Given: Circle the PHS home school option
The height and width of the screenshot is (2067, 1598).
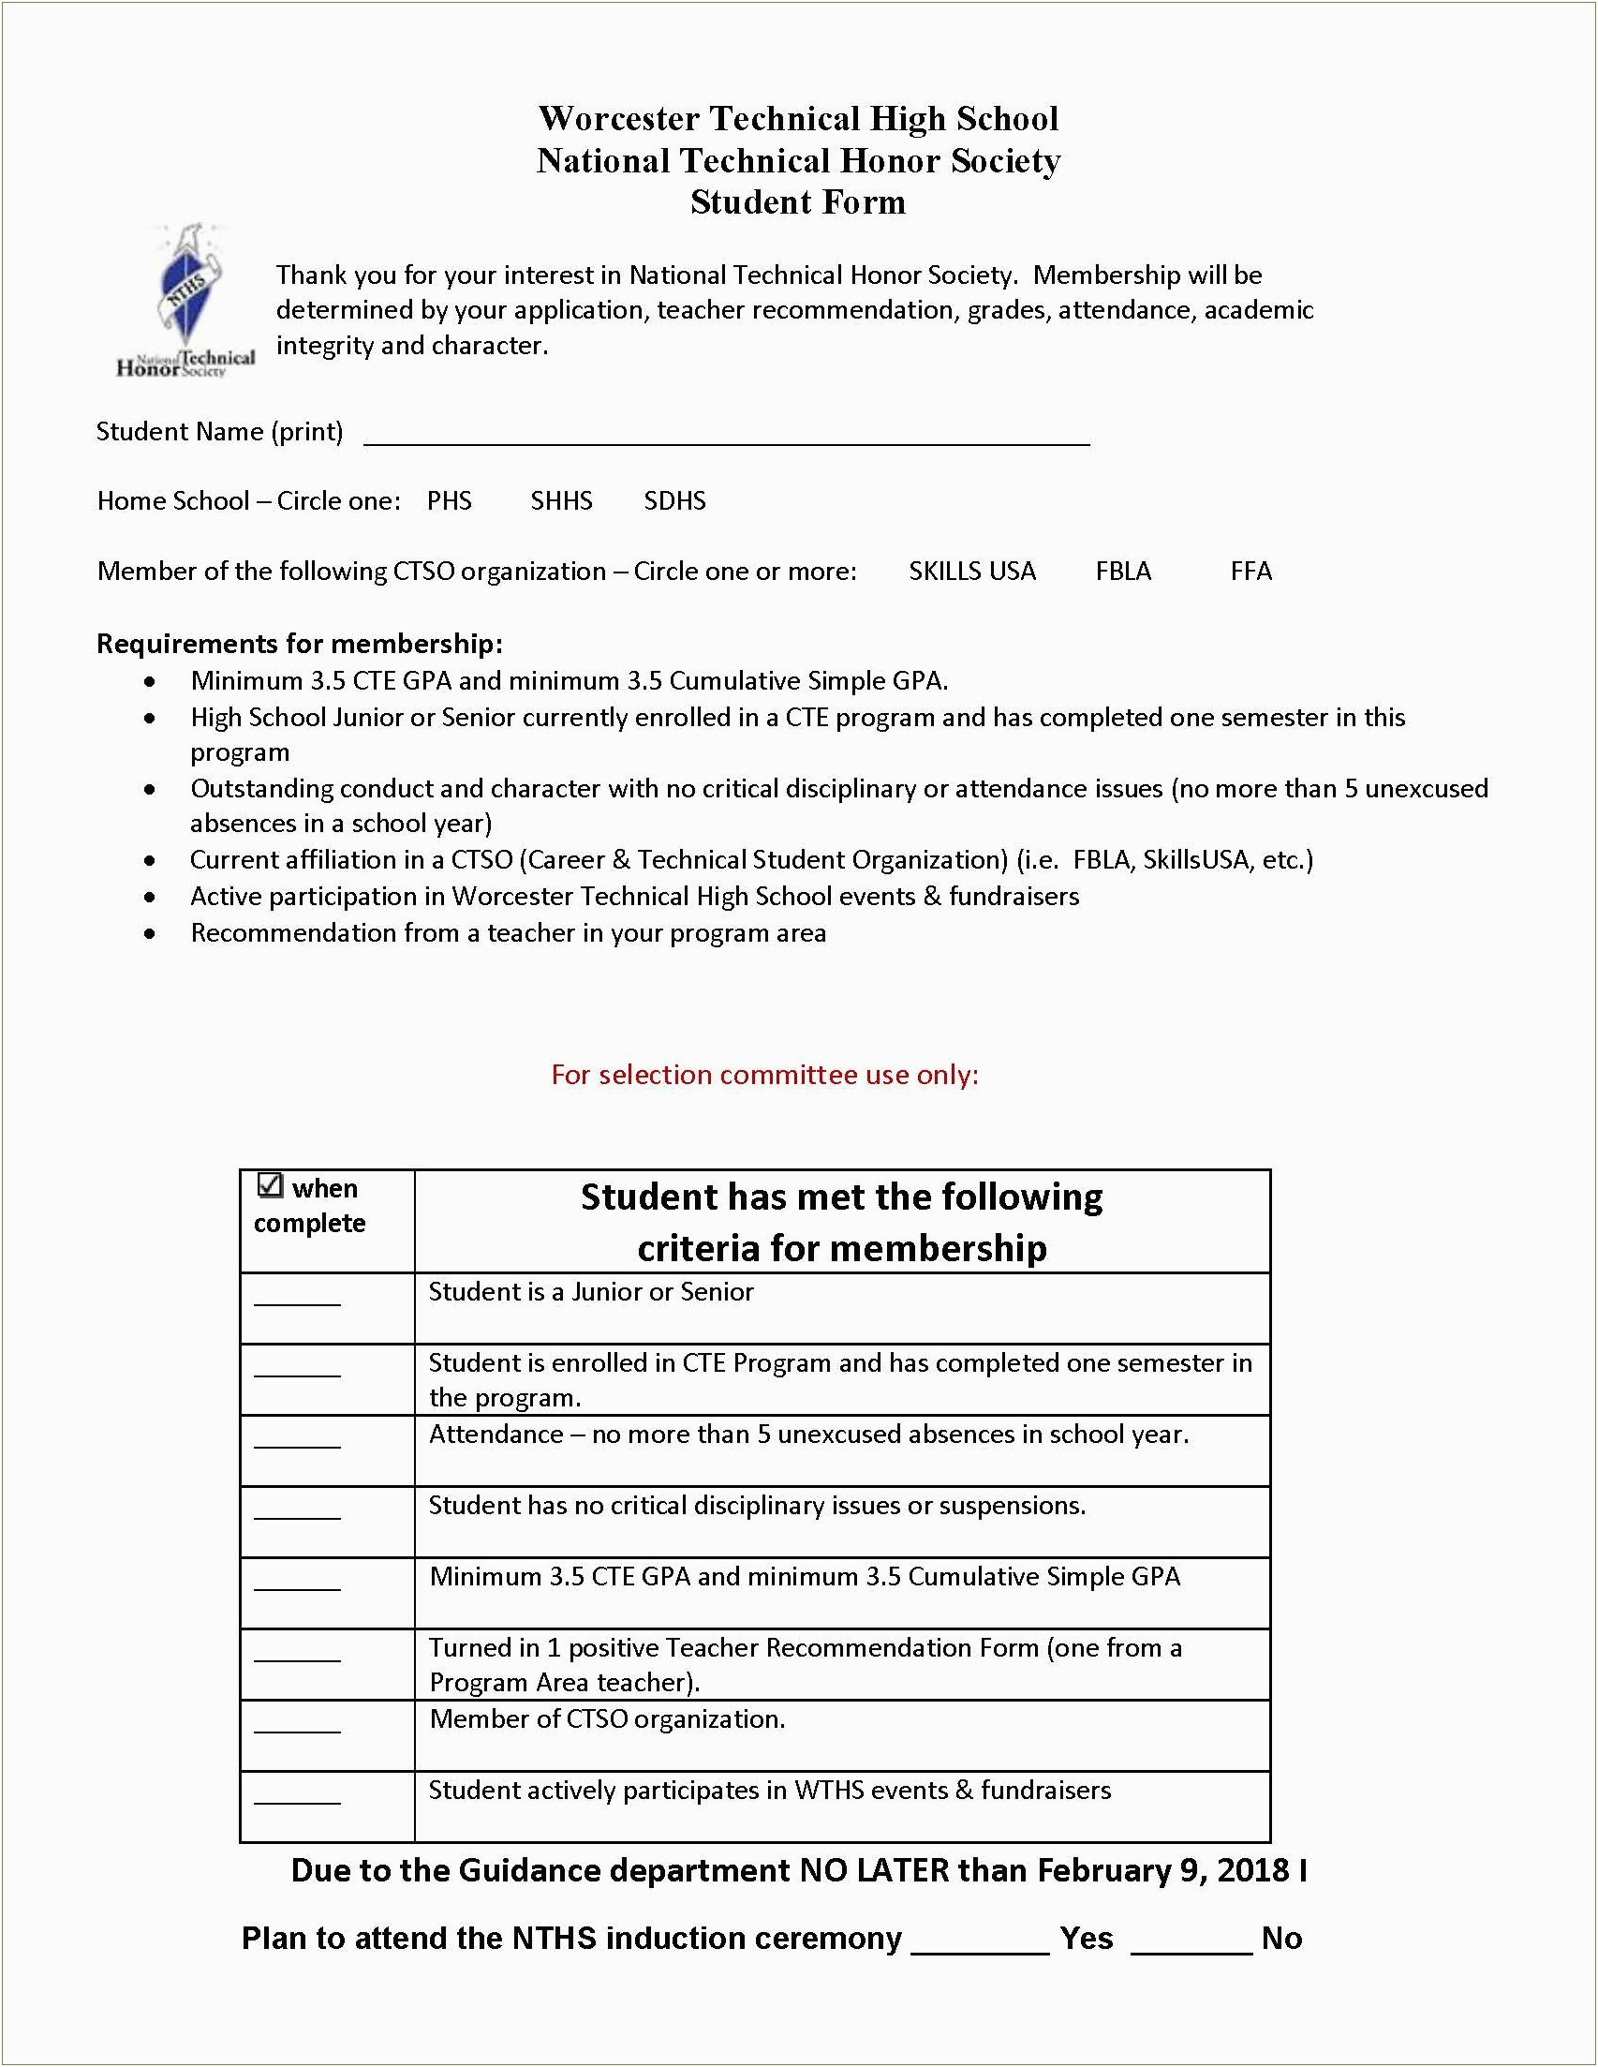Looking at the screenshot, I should point(450,500).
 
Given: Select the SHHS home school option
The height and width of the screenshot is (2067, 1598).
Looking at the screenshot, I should point(561,500).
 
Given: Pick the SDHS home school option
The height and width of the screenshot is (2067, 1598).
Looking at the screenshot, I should point(674,500).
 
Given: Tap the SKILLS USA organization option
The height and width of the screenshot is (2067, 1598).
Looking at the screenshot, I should point(971,571).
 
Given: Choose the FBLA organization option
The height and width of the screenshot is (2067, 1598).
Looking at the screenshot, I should point(1123,571).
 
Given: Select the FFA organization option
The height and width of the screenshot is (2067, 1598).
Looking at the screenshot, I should point(1250,571).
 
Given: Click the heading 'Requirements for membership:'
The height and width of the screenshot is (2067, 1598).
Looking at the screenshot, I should point(299,644).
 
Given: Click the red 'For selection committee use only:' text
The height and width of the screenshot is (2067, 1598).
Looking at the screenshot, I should point(764,1074).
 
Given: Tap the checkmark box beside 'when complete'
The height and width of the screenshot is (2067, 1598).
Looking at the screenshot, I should point(271,1185).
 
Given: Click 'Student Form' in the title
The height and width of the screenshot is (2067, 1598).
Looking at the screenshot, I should point(797,201).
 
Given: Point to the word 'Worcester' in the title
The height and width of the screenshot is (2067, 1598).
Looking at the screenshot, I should point(619,118).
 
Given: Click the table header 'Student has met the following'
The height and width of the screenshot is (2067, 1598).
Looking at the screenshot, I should point(841,1197).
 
